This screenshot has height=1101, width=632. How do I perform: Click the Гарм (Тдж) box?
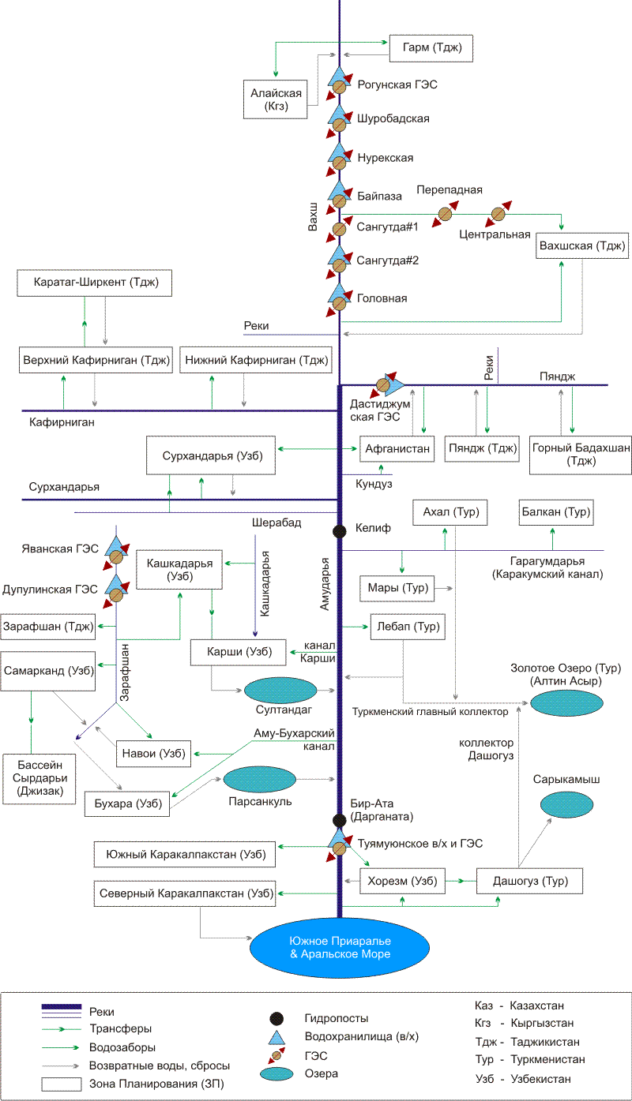coord(431,49)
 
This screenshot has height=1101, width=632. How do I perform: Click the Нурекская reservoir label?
coord(385,158)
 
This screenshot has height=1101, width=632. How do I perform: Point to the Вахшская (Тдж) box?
coord(582,245)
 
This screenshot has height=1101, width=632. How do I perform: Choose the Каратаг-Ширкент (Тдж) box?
coord(95,282)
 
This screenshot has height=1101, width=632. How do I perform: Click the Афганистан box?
coord(397,448)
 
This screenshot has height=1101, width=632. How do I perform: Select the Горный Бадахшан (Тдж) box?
coord(581,455)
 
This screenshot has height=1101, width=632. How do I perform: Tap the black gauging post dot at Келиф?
coord(340,531)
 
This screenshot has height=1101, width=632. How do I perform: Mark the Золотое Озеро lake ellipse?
coord(566,702)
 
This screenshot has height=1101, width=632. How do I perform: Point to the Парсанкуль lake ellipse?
coord(260,780)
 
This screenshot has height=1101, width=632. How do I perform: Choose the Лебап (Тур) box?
coord(405,627)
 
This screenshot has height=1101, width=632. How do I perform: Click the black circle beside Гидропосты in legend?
coord(276,1018)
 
